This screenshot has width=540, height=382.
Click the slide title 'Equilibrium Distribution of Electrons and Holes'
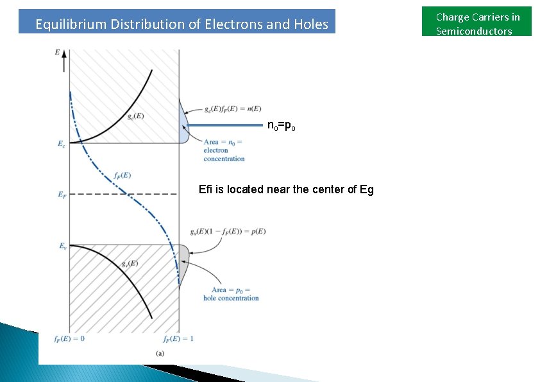181,24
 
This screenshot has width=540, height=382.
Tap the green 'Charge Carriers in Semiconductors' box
477,24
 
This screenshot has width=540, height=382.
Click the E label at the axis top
58,51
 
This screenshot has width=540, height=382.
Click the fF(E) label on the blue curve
121,175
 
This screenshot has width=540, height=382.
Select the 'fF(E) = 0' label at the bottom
69,339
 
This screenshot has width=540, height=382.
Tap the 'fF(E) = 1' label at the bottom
178,339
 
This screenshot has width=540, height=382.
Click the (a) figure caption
160,353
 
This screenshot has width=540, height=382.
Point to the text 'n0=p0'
281,126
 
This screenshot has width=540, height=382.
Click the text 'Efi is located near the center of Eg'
286,189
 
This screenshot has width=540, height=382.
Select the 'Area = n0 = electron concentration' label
224,150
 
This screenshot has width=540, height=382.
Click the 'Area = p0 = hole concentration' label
231,294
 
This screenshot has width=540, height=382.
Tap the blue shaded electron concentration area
183,128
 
